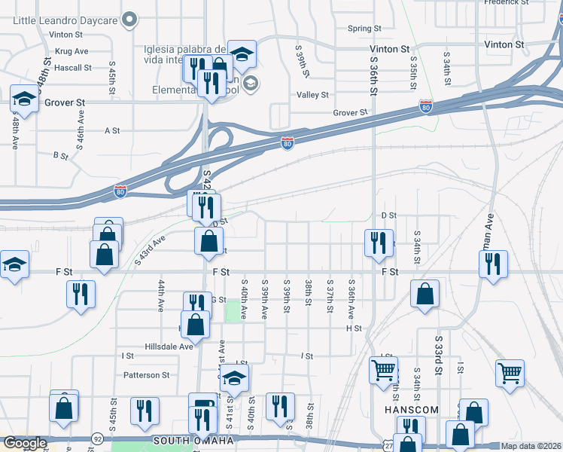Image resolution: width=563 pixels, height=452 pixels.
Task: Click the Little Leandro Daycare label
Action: [65, 19]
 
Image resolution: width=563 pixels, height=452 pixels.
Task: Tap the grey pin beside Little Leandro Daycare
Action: [130, 19]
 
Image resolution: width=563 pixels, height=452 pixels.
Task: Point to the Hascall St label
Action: [72, 67]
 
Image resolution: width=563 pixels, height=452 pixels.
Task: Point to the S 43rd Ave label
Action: [150, 251]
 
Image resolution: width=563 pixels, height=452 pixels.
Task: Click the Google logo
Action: [25, 443]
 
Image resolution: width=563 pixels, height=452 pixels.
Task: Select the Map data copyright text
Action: [531, 446]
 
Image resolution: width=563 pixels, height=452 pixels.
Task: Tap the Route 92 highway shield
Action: [98, 438]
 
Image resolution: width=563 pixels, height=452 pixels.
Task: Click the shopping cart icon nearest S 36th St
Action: [383, 370]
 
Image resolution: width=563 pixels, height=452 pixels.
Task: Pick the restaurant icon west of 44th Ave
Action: [81, 293]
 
